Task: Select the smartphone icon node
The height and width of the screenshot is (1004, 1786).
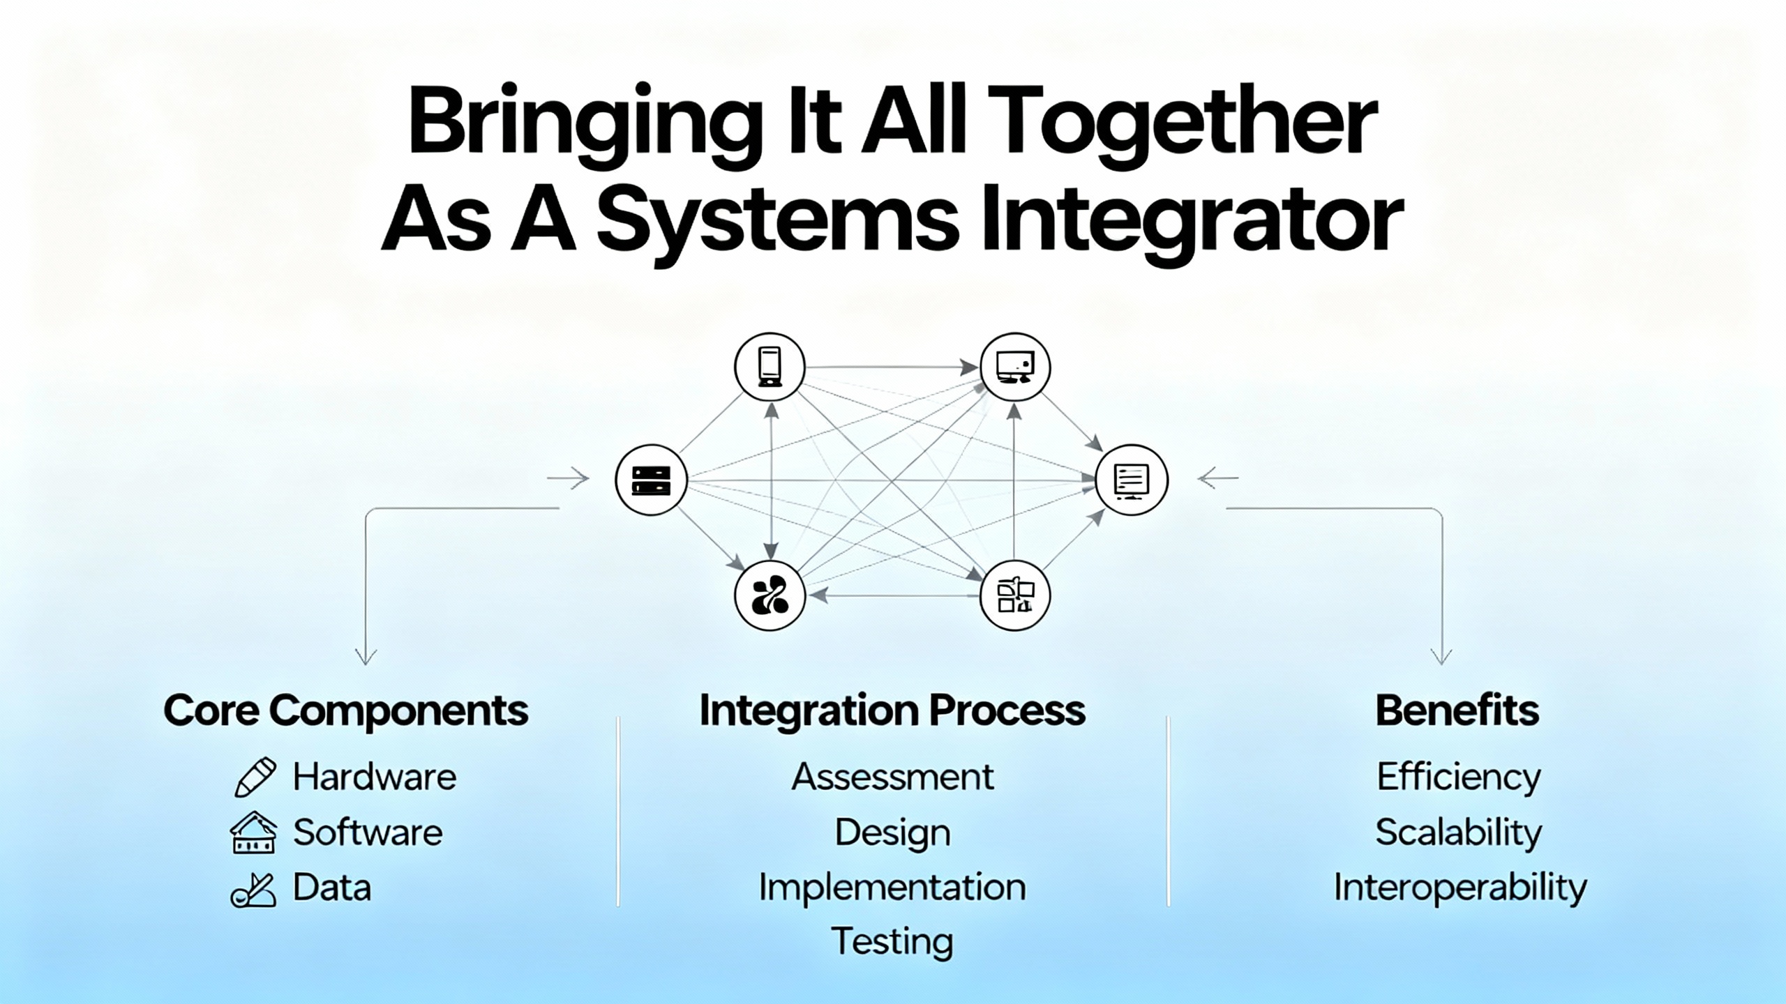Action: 770,367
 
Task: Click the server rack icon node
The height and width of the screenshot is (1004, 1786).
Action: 651,480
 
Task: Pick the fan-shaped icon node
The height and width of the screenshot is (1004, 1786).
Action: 770,596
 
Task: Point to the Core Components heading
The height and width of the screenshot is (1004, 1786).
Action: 345,711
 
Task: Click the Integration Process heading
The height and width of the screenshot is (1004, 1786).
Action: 892,711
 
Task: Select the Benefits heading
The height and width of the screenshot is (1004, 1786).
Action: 1457,711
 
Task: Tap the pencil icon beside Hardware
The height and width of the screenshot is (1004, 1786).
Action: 255,777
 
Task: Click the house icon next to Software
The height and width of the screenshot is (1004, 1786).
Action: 253,832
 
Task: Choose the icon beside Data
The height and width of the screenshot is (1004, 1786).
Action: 253,889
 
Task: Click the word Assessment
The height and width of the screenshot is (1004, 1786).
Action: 892,777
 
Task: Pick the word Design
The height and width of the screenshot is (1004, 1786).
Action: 892,833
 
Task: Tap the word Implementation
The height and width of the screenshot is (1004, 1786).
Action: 892,888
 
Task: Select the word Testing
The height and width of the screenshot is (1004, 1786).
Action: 892,941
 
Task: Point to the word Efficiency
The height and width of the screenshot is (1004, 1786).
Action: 1458,777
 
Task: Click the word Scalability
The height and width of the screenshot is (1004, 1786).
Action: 1458,833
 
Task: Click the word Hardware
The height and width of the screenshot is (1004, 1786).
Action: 375,777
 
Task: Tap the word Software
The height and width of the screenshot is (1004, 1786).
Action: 368,832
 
